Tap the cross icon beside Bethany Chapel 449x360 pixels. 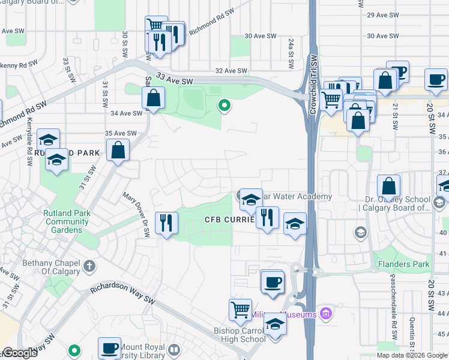pyautogui.click(x=89, y=265)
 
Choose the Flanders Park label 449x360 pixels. pyautogui.click(x=403, y=264)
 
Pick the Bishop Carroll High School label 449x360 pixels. pyautogui.click(x=240, y=335)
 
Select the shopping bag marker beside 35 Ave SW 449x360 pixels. pyautogui.click(x=118, y=150)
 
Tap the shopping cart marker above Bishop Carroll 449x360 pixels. pyautogui.click(x=240, y=310)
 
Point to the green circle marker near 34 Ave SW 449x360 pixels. pyautogui.click(x=224, y=106)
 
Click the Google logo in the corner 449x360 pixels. pyautogui.click(x=19, y=353)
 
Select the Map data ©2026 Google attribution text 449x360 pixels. pyautogui.click(x=411, y=355)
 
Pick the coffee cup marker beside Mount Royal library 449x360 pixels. pyautogui.click(x=110, y=348)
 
